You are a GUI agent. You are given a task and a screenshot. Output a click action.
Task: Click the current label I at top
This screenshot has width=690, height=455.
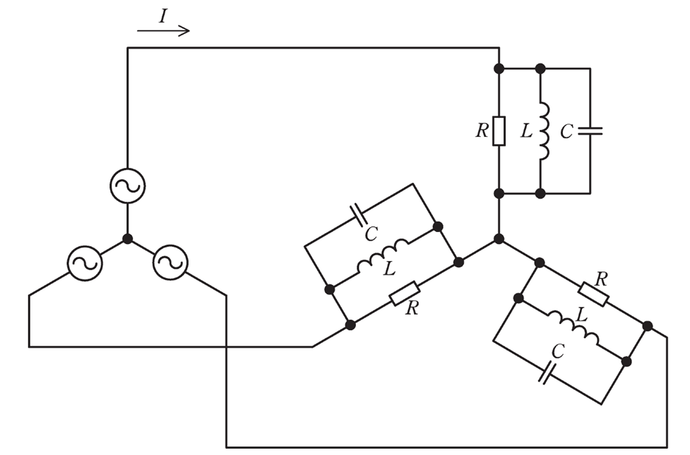[163, 16]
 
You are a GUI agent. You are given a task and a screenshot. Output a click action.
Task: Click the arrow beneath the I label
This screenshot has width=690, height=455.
[163, 31]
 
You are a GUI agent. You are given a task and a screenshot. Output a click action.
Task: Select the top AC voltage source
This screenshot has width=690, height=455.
[128, 186]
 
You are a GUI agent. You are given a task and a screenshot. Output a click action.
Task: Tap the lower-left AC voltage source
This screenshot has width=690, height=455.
[85, 263]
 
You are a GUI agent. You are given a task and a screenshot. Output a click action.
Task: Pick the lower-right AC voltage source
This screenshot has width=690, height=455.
[170, 262]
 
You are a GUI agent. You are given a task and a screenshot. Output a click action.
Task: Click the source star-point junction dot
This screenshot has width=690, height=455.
[128, 239]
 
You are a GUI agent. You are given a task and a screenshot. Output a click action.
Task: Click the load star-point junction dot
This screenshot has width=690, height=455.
[499, 239]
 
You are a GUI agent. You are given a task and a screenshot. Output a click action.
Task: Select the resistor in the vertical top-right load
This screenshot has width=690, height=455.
[499, 131]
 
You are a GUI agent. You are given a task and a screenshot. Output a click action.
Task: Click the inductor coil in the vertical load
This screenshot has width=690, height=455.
[544, 131]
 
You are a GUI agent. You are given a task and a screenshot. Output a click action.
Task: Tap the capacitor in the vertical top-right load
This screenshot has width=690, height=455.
[590, 131]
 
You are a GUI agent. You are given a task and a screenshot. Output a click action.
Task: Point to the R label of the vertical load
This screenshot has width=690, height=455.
[482, 131]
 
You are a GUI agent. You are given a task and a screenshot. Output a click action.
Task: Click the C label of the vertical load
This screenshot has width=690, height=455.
[566, 131]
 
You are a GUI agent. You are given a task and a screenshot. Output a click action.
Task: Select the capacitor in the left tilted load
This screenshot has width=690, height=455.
[358, 215]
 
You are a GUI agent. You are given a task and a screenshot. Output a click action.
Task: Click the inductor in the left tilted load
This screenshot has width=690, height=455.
[383, 255]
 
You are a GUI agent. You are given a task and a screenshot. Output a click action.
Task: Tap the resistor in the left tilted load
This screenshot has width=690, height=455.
[405, 293]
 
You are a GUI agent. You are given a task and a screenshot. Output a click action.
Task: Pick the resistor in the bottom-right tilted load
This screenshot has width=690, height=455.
[594, 294]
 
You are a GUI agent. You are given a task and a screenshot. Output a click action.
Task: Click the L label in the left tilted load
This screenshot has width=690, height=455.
[389, 269]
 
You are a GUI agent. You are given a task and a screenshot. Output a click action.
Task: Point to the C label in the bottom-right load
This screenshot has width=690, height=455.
[557, 351]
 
